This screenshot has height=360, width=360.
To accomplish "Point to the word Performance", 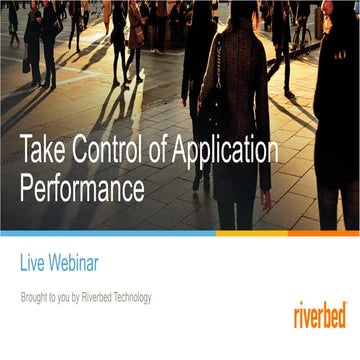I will [x=82, y=188].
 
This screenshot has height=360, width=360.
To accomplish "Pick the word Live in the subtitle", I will [x=34, y=264].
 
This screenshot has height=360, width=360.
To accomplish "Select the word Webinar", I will [x=79, y=264].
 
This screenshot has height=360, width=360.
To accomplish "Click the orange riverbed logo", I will [x=319, y=315].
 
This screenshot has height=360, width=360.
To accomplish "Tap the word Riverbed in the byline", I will [x=114, y=298].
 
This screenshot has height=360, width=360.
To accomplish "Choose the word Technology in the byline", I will [x=154, y=298].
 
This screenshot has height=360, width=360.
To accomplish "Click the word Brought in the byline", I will [x=35, y=298].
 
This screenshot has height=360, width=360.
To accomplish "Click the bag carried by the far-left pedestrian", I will [x=27, y=64].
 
